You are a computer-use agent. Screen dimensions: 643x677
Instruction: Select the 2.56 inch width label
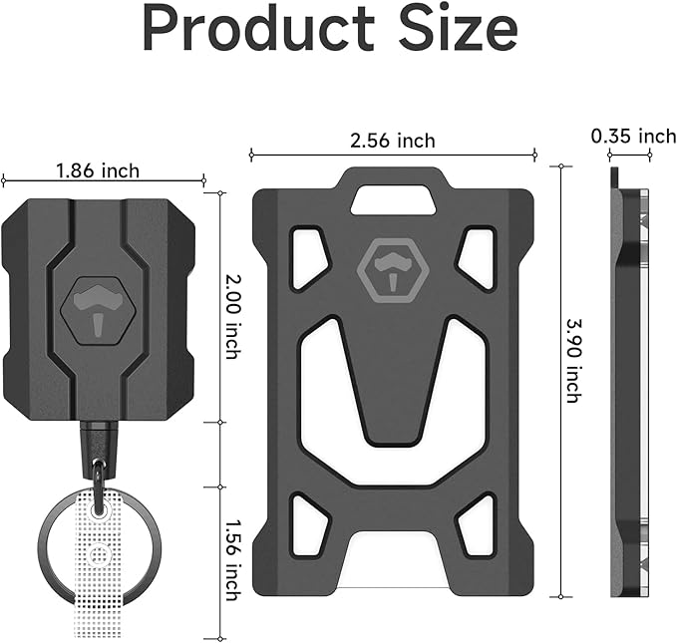click(392, 141)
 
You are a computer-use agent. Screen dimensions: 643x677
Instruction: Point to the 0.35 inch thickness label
click(632, 136)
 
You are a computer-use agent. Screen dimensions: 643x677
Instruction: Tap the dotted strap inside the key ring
click(103, 578)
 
